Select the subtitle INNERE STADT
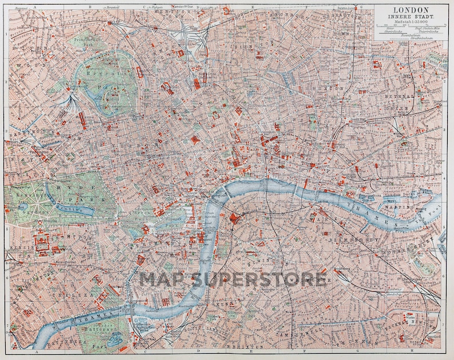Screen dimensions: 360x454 coord(408,17)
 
